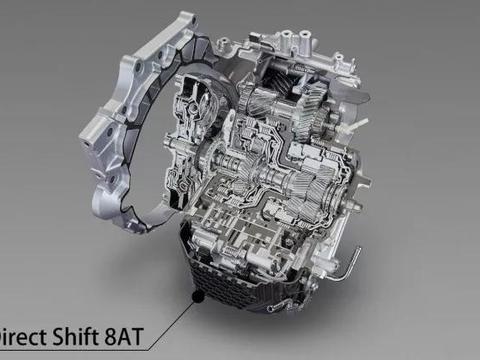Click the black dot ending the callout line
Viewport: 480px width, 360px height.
(x=197, y=296)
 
